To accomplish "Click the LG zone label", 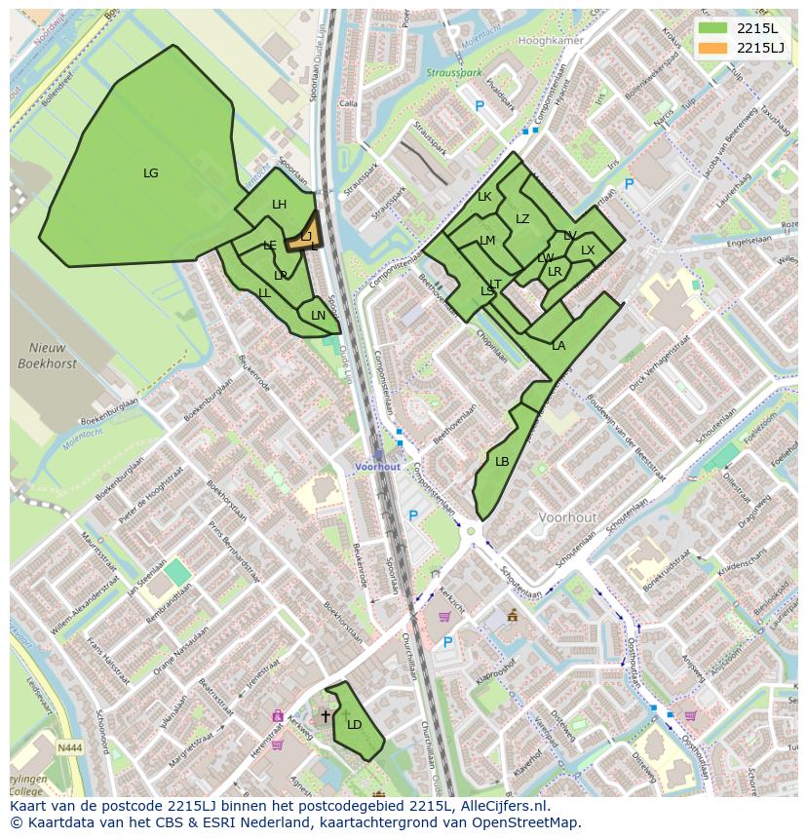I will (x=150, y=173).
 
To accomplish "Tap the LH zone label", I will (x=280, y=205).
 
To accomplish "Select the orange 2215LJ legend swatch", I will (x=713, y=47).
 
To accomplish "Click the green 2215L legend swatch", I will (x=713, y=28).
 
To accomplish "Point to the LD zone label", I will (x=355, y=724).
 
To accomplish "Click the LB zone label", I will (x=502, y=462).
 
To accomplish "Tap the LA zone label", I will (x=558, y=346).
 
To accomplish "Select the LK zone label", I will (x=484, y=197).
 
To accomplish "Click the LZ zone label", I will (x=522, y=219).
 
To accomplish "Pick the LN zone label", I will (x=318, y=316).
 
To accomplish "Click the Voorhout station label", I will (x=377, y=467).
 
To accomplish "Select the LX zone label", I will (x=588, y=250).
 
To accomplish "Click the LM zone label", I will (x=487, y=241).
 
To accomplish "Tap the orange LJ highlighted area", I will (x=301, y=236).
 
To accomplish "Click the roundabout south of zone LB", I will (x=473, y=531).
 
